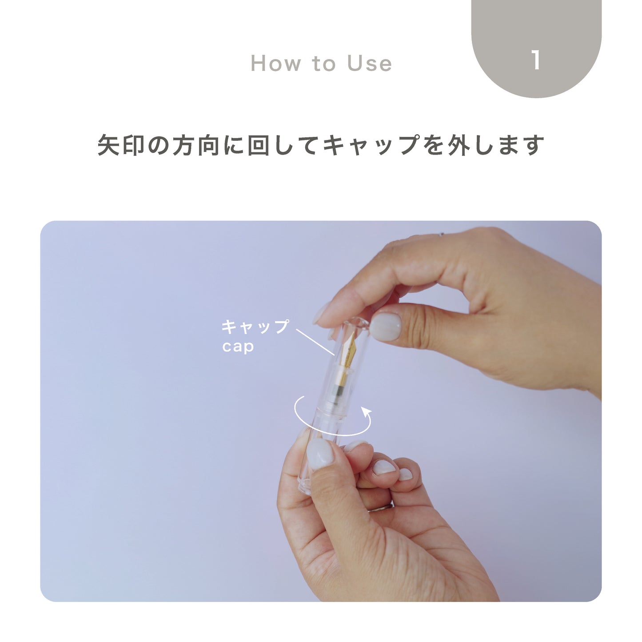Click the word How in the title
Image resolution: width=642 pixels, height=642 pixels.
click(275, 63)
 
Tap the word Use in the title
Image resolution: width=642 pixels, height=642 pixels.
click(369, 63)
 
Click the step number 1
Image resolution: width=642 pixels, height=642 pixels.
click(536, 60)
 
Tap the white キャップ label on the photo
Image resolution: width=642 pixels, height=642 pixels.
click(255, 327)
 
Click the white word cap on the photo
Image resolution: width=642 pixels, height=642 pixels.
click(238, 346)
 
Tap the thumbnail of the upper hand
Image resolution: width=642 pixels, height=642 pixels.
click(385, 327)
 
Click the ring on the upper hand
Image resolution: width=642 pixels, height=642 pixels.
click(441, 234)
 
